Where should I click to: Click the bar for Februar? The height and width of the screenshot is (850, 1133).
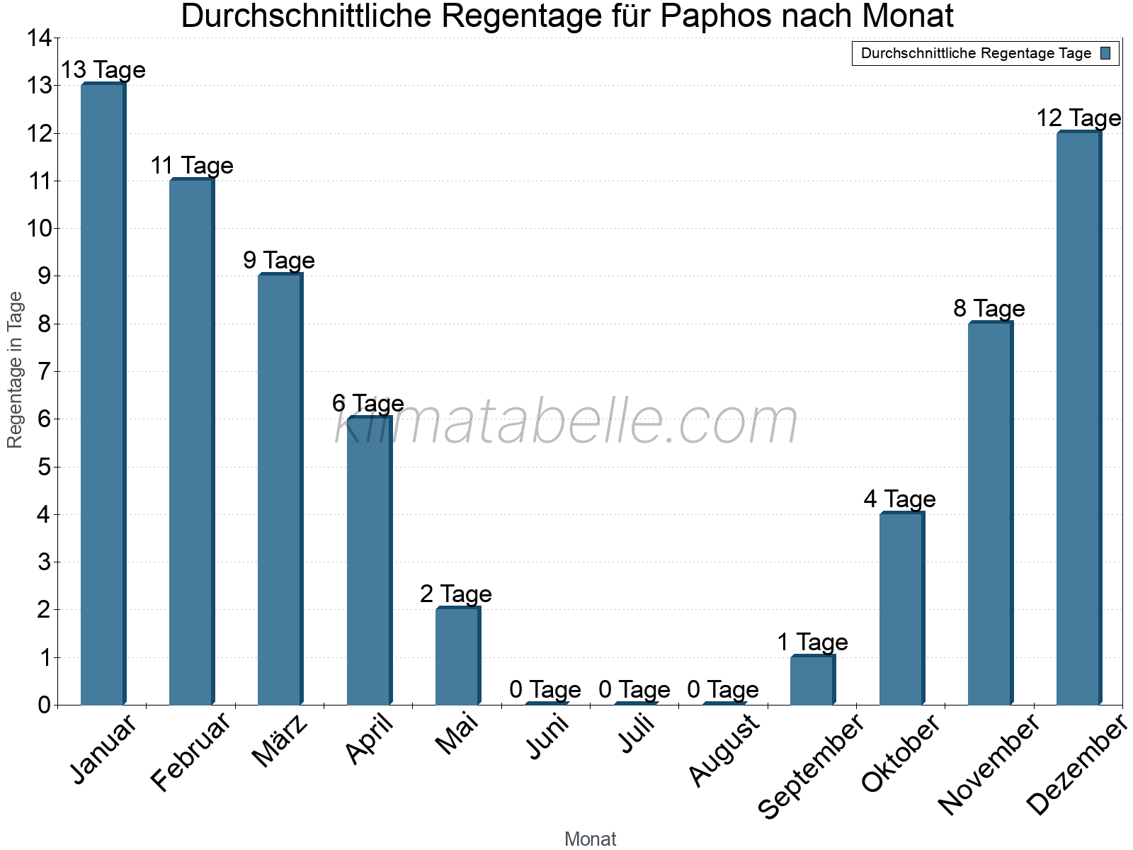pyautogui.click(x=192, y=442)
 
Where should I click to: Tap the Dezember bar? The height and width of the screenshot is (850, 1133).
pyautogui.click(x=1078, y=418)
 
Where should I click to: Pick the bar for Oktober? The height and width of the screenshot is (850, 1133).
pyautogui.click(x=901, y=608)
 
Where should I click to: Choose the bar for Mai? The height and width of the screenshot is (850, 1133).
pyautogui.click(x=457, y=656)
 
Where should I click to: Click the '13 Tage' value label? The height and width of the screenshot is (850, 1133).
pyautogui.click(x=103, y=70)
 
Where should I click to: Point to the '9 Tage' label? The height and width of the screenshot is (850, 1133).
pyautogui.click(x=279, y=261)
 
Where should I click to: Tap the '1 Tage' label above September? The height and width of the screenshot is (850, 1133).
pyautogui.click(x=812, y=642)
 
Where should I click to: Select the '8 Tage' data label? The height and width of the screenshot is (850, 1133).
pyautogui.click(x=989, y=309)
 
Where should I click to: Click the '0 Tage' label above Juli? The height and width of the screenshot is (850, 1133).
pyautogui.click(x=634, y=689)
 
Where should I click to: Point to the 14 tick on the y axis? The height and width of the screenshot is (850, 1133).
pyautogui.click(x=40, y=38)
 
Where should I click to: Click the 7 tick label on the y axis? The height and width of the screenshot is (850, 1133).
pyautogui.click(x=45, y=371)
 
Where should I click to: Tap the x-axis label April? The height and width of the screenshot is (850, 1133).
pyautogui.click(x=369, y=739)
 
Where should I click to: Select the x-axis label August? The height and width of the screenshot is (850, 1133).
pyautogui.click(x=724, y=750)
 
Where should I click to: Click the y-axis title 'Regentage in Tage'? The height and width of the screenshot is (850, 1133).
pyautogui.click(x=16, y=370)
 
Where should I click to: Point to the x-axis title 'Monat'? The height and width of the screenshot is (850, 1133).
pyautogui.click(x=590, y=839)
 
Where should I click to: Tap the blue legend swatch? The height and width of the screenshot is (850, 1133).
pyautogui.click(x=1105, y=53)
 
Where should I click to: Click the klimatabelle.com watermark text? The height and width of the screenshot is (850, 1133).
pyautogui.click(x=566, y=422)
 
